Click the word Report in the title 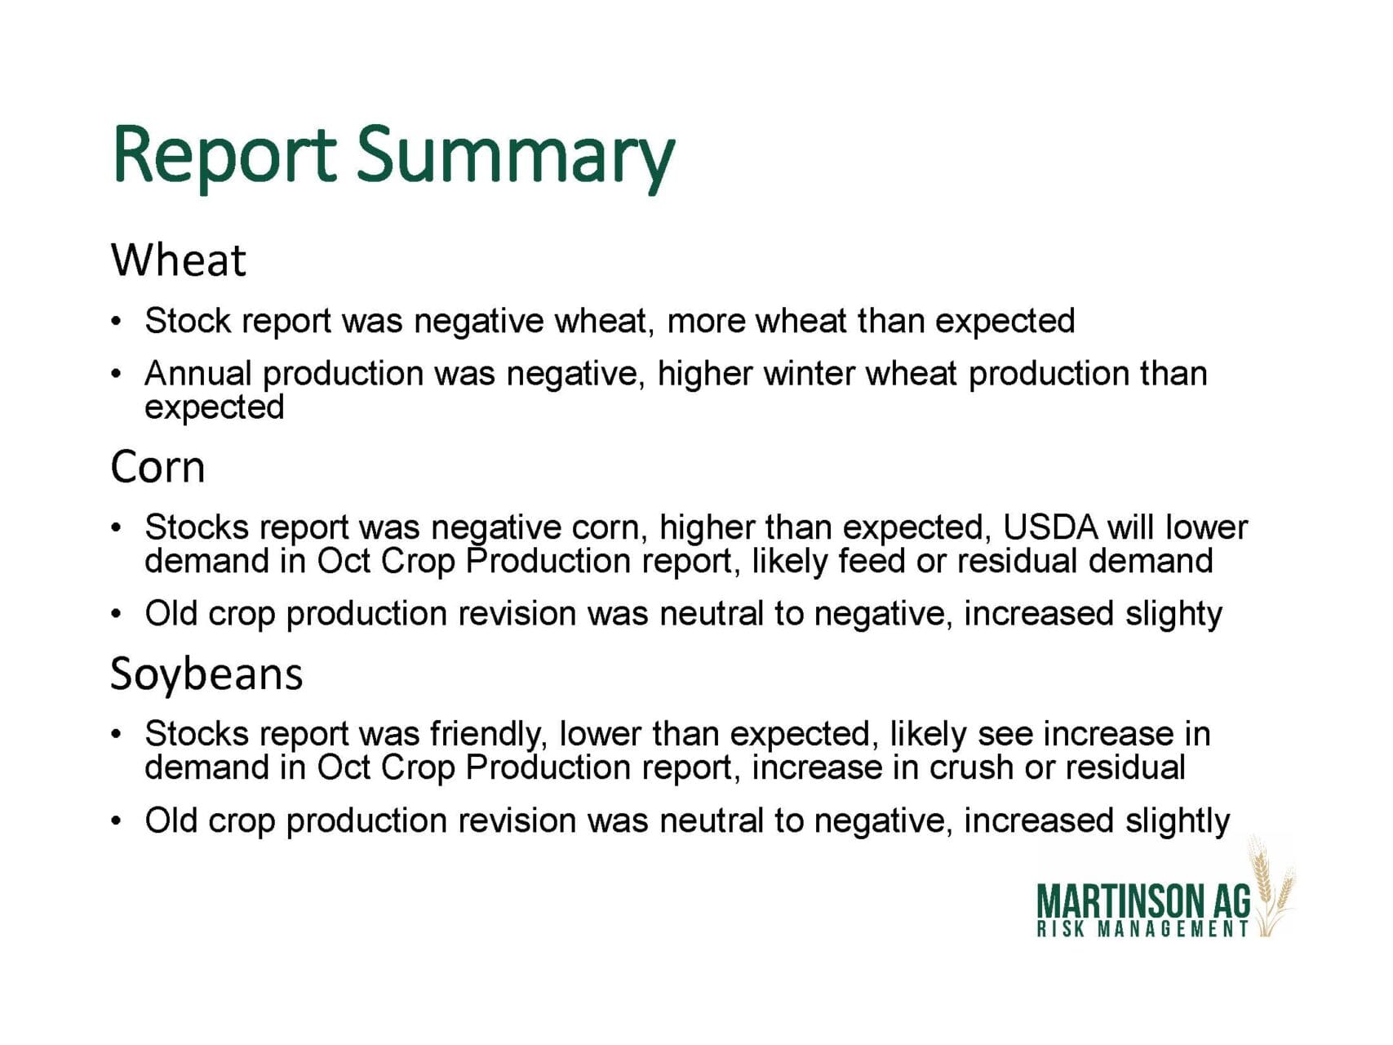[224, 156]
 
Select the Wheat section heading [178, 260]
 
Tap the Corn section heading [157, 467]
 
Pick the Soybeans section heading [206, 674]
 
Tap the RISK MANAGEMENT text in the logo [1142, 929]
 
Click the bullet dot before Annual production [118, 375]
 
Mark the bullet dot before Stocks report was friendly [118, 735]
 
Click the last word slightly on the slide [1178, 821]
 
